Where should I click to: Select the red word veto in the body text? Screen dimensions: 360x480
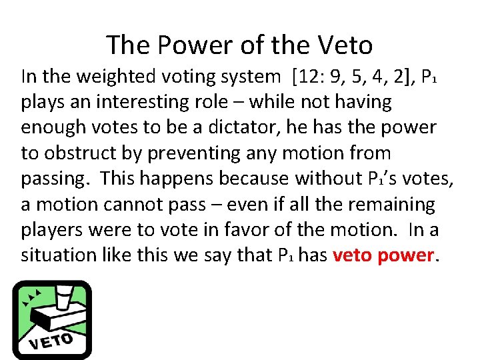click(x=357, y=255)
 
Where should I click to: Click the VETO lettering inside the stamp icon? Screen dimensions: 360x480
click(x=51, y=341)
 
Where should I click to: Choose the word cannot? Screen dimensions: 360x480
click(x=139, y=204)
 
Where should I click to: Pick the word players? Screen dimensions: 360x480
click(x=54, y=230)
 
